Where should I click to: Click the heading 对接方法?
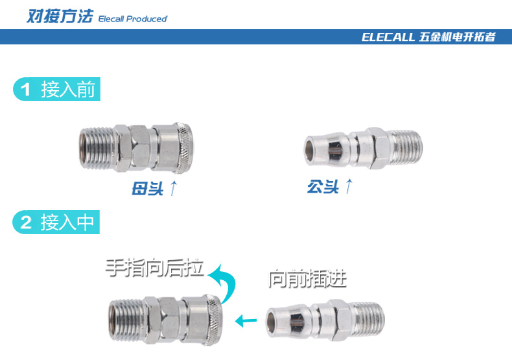click(60, 16)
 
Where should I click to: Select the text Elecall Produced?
click(133, 19)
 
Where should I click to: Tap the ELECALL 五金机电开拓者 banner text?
click(428, 37)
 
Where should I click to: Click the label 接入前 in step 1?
click(68, 89)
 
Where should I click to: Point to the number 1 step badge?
click(25, 90)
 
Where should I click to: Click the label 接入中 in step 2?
click(67, 222)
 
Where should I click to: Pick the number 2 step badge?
click(26, 222)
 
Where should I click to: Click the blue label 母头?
click(147, 188)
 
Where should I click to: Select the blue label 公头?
click(323, 187)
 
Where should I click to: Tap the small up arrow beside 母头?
click(174, 188)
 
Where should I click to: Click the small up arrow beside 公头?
click(349, 186)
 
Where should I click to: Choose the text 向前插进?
click(307, 279)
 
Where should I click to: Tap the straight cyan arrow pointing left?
click(246, 320)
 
